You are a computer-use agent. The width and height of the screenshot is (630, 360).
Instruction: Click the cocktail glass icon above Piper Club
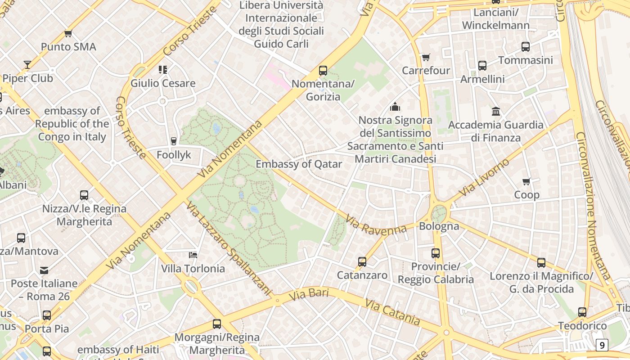(27, 64)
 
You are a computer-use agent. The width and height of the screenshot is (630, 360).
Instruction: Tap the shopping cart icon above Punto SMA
(68, 33)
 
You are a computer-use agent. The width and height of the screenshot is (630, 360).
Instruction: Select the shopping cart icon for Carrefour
(426, 57)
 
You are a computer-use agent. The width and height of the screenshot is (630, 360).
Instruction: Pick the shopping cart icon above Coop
(526, 181)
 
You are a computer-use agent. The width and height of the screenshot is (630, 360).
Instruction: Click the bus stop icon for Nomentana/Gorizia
(323, 70)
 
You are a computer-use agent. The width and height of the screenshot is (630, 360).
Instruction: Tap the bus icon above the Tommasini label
(526, 46)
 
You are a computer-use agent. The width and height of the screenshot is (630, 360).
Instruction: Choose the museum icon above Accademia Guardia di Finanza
(496, 111)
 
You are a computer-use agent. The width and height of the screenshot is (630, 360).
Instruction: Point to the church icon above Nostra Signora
(395, 107)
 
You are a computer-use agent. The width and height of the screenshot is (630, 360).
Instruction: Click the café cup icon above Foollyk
(174, 141)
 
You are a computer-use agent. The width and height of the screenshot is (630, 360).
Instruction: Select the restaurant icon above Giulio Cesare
(163, 69)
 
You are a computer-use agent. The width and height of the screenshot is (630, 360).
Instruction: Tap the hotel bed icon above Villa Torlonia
(193, 255)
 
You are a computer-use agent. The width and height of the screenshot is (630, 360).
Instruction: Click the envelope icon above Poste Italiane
(44, 270)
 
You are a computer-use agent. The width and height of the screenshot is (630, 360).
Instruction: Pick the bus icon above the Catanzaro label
(362, 261)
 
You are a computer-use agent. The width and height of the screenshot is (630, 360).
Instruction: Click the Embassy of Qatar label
(299, 164)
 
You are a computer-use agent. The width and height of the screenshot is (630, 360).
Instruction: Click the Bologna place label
(439, 226)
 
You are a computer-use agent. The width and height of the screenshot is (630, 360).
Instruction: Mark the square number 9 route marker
(602, 345)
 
